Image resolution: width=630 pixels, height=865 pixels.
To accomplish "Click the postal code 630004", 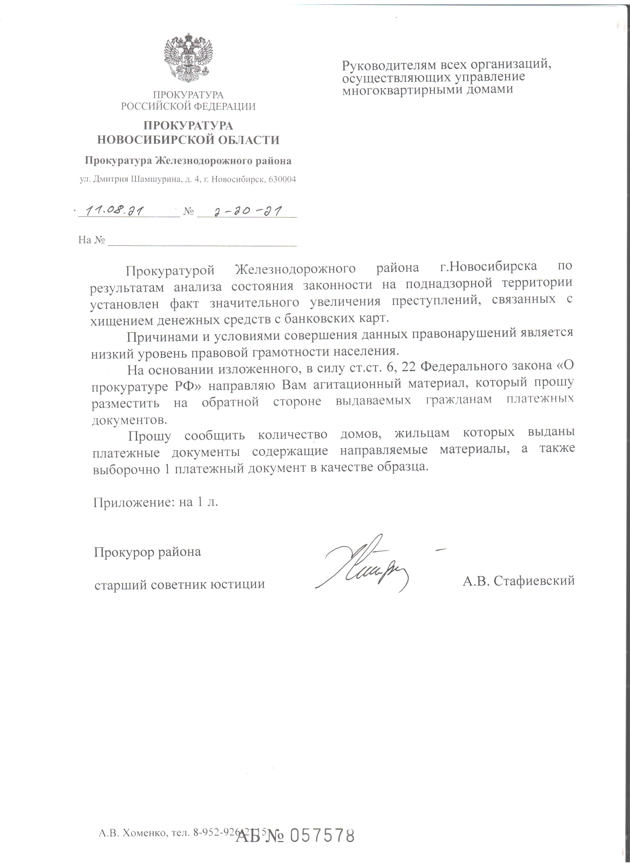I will click(282, 179).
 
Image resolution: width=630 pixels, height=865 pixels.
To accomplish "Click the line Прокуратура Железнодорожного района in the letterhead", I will click(188, 161).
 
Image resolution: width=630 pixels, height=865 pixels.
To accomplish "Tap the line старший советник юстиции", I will click(179, 584).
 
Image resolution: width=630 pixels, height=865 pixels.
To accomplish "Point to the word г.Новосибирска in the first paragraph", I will click(488, 266).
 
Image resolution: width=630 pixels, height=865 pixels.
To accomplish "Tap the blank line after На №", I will click(202, 242).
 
